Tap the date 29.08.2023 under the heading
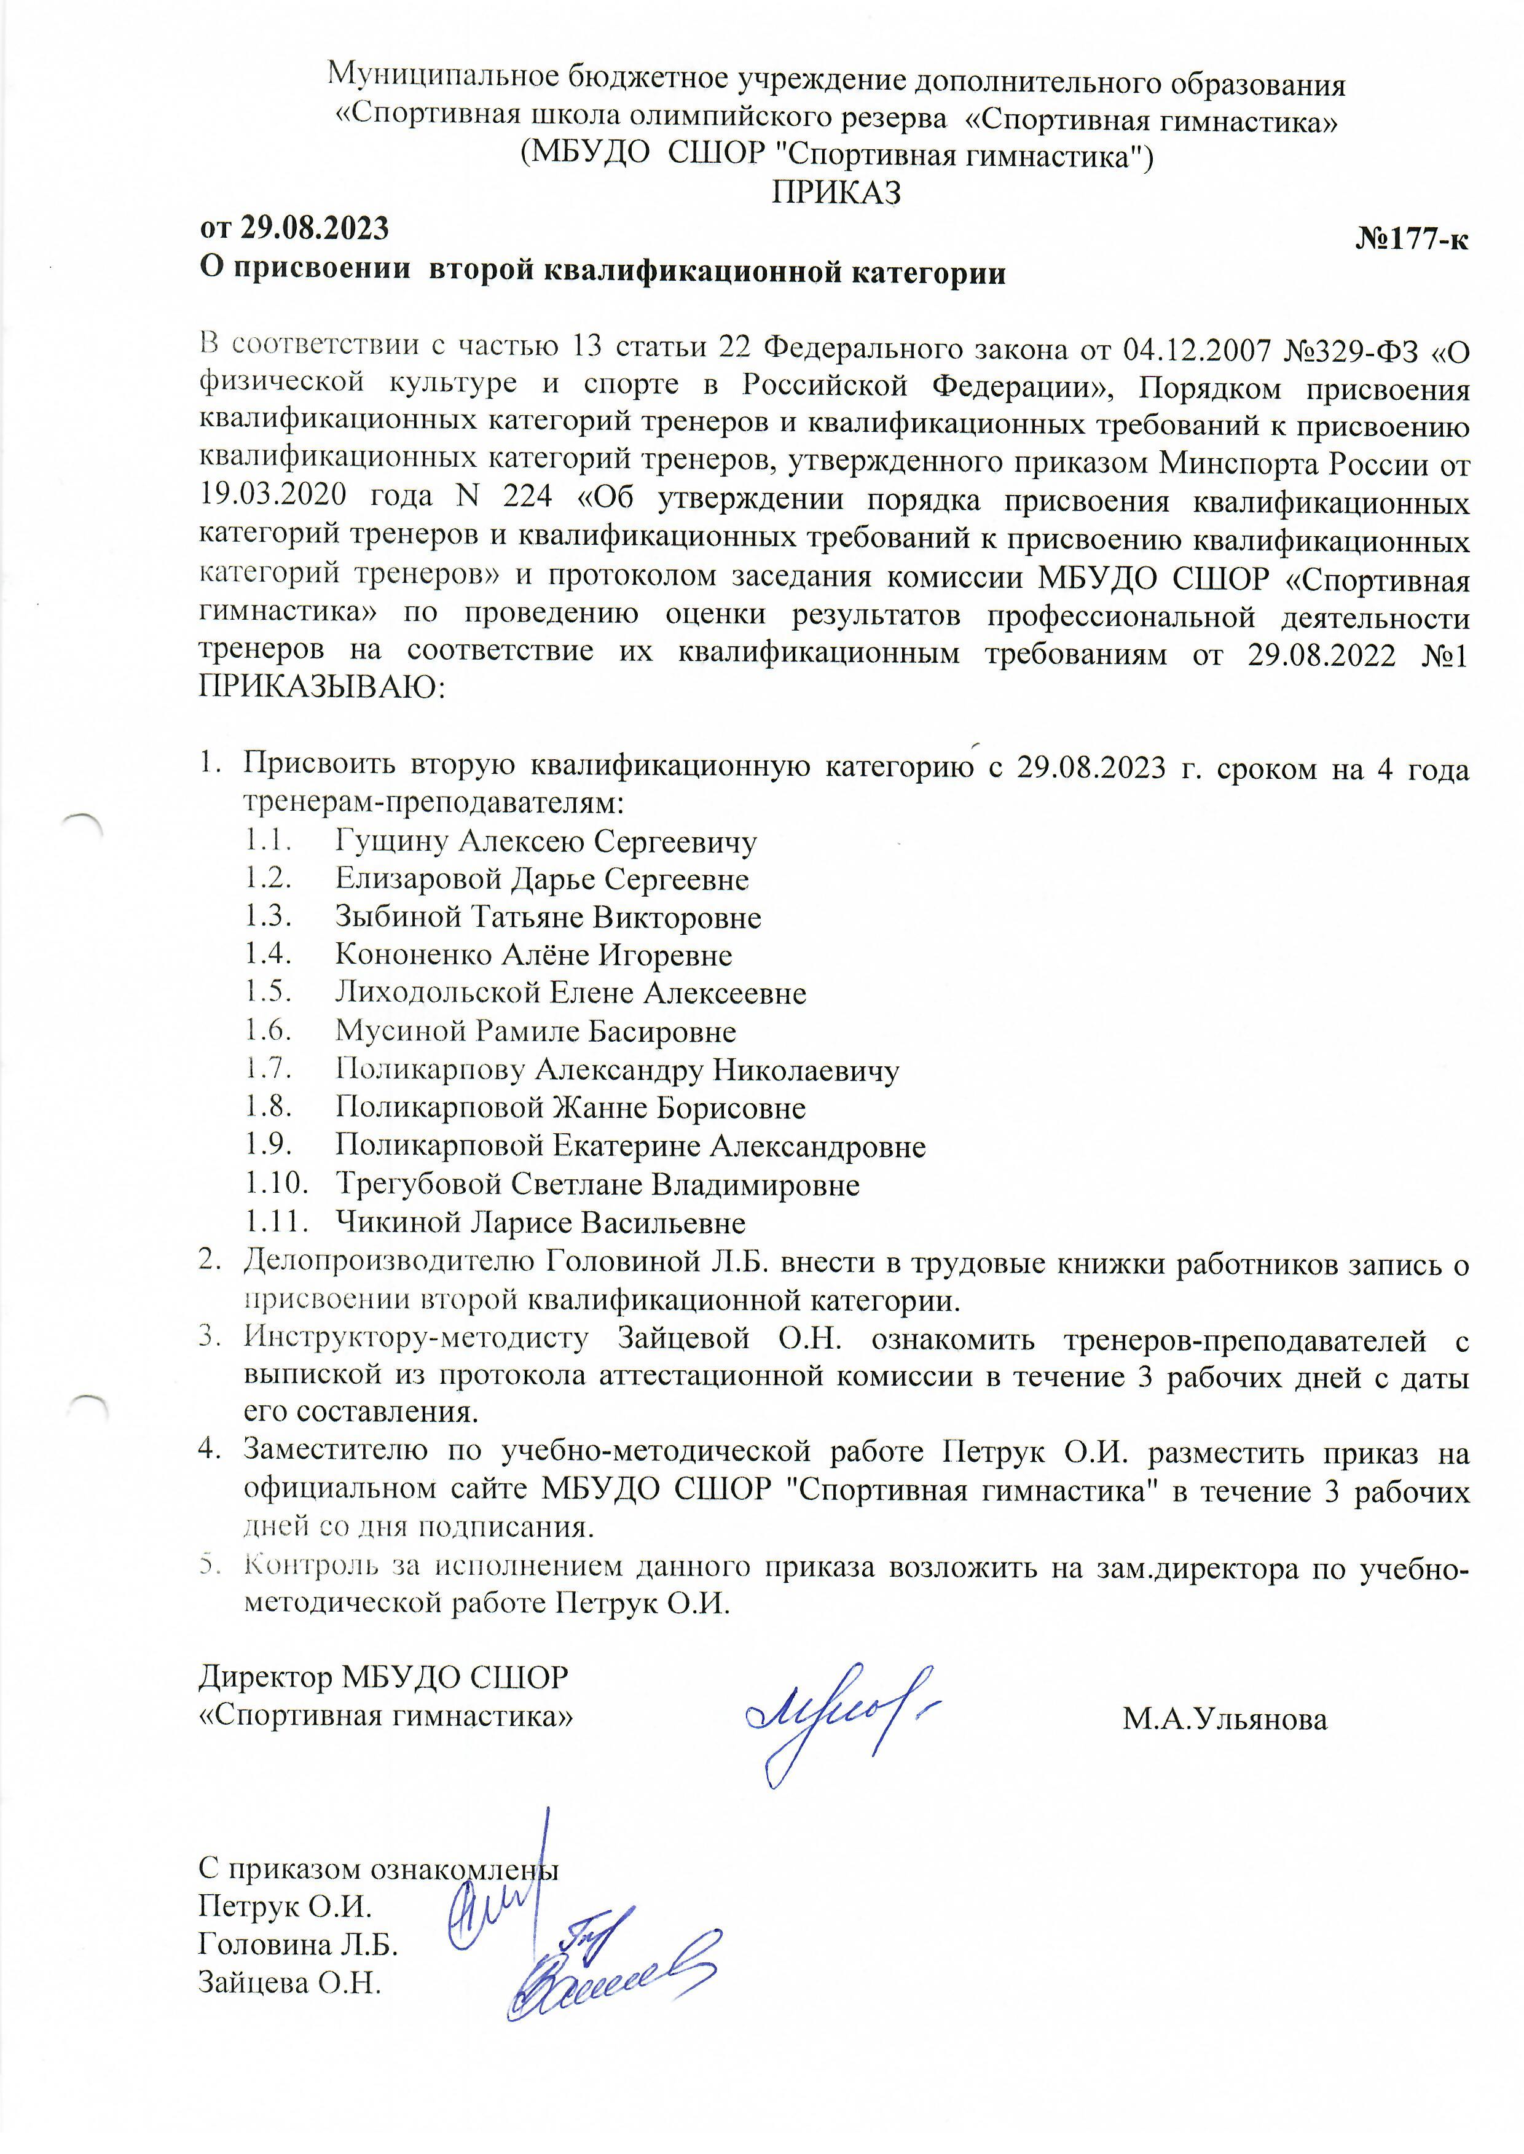pyautogui.click(x=315, y=228)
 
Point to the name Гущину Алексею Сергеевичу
pyautogui.click(x=545, y=841)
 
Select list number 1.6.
pyautogui.click(x=269, y=1032)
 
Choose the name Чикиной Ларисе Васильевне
pyautogui.click(x=540, y=1223)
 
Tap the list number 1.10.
pyautogui.click(x=277, y=1185)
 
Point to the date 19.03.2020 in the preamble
pyautogui.click(x=272, y=494)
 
